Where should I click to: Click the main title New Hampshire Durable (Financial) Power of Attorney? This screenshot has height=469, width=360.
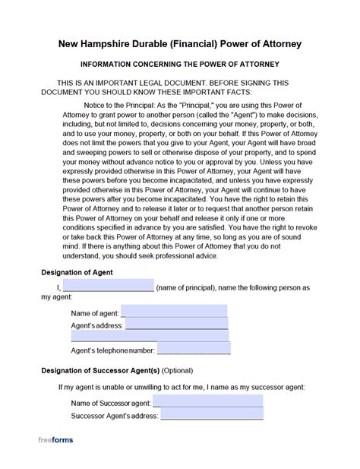click(x=179, y=44)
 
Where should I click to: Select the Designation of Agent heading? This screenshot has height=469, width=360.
click(x=78, y=272)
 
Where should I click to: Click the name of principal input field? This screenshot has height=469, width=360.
click(x=108, y=287)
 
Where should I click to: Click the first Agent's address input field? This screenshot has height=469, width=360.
click(x=176, y=325)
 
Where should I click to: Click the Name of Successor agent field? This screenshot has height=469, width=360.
click(x=207, y=402)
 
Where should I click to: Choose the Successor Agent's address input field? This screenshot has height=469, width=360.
click(x=211, y=415)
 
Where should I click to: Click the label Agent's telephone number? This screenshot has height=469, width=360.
click(x=112, y=350)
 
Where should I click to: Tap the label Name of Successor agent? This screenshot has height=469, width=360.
click(x=111, y=403)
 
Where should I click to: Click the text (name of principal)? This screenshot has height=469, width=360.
click(x=188, y=288)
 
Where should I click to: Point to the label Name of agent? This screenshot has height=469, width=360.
click(x=95, y=312)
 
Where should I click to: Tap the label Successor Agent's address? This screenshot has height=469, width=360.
click(x=114, y=416)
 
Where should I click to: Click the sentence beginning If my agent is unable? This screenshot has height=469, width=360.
click(x=182, y=387)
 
